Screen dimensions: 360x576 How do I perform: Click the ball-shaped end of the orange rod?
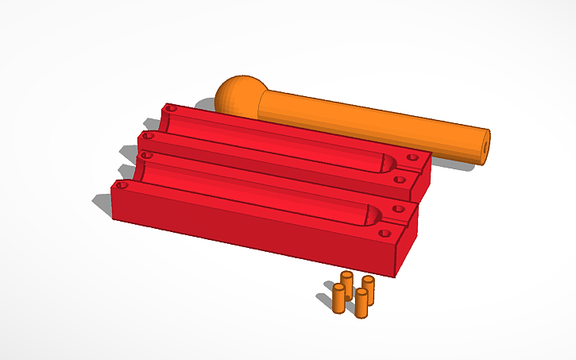(x=236, y=96)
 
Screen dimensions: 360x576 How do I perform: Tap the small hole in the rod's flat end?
(x=485, y=146)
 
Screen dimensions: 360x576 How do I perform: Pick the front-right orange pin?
(x=361, y=303)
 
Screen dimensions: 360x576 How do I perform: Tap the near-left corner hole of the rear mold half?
(x=145, y=137)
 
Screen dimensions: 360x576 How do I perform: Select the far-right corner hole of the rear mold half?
(x=412, y=157)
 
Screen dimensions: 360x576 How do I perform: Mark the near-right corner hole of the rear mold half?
(x=400, y=180)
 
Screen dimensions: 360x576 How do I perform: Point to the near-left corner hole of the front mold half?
(x=122, y=185)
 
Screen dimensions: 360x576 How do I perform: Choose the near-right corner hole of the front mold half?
(x=385, y=235)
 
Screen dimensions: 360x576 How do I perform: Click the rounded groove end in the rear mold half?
(x=385, y=165)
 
